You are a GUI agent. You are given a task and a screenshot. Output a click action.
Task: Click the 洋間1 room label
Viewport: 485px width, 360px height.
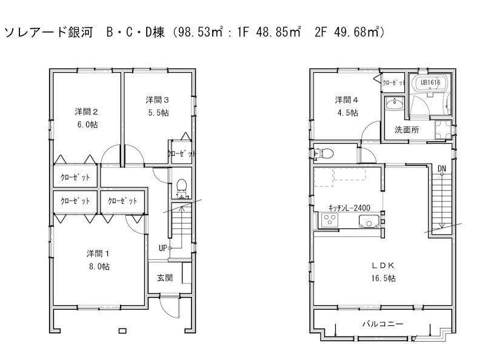pos(98,253)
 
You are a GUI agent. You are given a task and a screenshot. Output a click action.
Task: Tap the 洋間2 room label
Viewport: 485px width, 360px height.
pos(87,112)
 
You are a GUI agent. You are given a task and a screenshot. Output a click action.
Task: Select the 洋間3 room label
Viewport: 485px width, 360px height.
pos(156,98)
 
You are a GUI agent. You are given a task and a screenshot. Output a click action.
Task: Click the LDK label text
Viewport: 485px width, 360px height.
pos(384,265)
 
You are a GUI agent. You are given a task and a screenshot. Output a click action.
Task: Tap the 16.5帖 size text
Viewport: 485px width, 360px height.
pos(384,279)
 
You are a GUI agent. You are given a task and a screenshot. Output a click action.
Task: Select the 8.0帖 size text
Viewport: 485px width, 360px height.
pos(98,266)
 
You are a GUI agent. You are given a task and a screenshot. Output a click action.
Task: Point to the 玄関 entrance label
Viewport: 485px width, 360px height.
pos(165,278)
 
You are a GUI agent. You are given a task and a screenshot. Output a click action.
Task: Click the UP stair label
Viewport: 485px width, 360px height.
pos(162,247)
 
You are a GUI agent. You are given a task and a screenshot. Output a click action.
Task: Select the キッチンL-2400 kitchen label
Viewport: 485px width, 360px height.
pos(349,207)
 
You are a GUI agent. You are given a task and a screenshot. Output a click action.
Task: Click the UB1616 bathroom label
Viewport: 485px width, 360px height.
pos(430,82)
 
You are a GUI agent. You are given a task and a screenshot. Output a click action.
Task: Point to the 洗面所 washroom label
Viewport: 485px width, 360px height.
pos(406,129)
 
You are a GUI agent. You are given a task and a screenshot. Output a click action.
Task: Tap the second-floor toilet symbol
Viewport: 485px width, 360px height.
pos(324,153)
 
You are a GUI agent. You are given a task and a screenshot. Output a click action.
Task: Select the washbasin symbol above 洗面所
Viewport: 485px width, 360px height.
pos(395,105)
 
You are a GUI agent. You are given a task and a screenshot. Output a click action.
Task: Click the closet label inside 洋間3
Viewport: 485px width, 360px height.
pos(180,154)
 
